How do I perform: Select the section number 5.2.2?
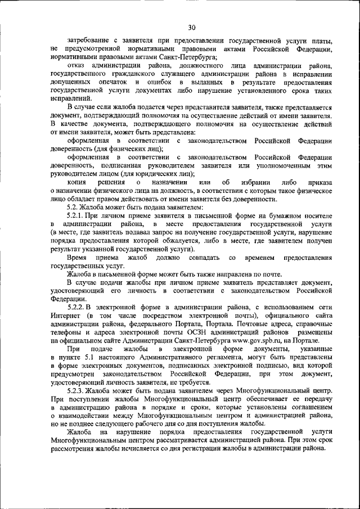[x=76, y=308]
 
